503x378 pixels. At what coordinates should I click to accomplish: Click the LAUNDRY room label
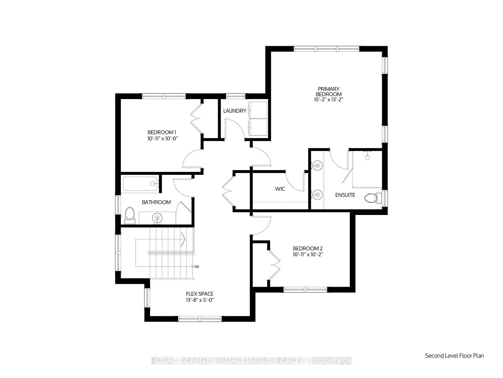click(235, 111)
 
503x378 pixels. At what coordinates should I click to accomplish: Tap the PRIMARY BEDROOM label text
click(329, 91)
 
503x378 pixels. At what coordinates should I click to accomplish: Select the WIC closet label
click(280, 189)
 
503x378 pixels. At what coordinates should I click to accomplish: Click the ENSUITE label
click(345, 195)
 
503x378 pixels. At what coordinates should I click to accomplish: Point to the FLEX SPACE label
click(200, 294)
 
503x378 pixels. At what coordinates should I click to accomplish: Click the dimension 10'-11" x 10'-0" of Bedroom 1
click(163, 138)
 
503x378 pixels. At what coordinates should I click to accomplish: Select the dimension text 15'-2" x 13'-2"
click(329, 100)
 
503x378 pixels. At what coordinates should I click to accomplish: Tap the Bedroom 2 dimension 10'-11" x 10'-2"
click(308, 254)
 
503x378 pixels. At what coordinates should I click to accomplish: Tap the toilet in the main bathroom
click(129, 215)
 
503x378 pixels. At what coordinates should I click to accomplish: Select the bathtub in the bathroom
click(141, 184)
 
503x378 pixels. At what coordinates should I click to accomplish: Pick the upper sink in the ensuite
click(317, 165)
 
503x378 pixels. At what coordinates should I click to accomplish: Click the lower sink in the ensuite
click(317, 195)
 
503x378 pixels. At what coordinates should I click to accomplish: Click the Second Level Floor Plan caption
click(455, 356)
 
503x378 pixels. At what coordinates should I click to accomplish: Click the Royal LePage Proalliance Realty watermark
click(251, 361)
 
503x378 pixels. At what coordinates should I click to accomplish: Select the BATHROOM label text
click(156, 202)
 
